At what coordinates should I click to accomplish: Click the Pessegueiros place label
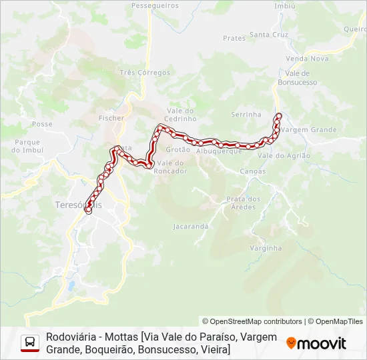pos(155,5)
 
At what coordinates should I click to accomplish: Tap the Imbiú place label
pos(285,5)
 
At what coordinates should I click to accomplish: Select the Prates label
pos(234,38)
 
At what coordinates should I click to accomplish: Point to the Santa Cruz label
pos(269,34)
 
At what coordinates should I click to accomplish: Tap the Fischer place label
pos(111,118)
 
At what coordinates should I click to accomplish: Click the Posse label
pos(42,124)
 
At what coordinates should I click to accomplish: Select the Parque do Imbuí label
pos(27,146)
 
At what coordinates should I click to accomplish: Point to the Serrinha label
pos(246,115)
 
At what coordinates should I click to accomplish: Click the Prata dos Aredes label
pos(243,203)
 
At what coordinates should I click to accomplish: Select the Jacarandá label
pos(191,227)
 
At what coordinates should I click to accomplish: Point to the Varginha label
pos(266,248)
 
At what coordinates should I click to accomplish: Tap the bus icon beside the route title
pos(30,343)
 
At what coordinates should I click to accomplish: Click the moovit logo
pos(316,343)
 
